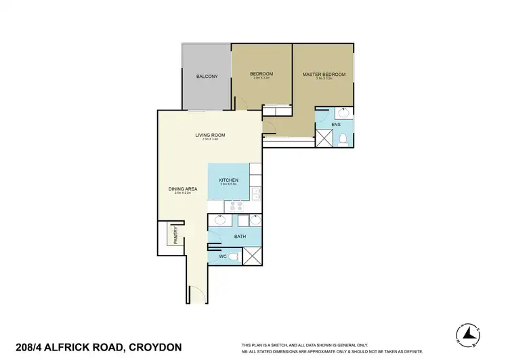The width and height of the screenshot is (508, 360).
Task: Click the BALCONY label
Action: [x=207, y=76]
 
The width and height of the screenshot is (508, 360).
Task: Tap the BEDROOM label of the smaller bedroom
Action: [x=261, y=73]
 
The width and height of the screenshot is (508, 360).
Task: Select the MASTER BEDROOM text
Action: [x=324, y=74]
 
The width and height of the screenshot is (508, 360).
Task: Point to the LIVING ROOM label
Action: [x=209, y=135]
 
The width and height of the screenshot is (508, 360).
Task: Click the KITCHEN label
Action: [x=228, y=180]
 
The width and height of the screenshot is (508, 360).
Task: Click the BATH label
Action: [x=240, y=237]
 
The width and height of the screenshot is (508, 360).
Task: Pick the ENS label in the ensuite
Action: [x=335, y=124]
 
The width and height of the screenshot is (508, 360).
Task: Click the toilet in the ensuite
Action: [x=343, y=139]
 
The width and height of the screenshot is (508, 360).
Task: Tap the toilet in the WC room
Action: [x=232, y=257]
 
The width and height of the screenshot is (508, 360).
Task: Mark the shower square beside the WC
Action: [x=252, y=256]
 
